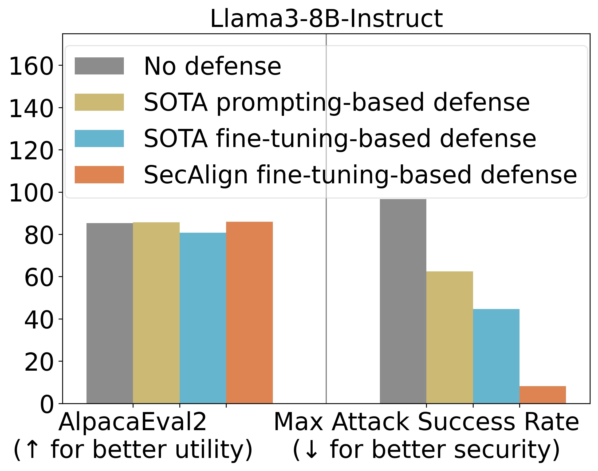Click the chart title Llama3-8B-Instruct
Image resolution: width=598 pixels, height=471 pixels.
coord(326,18)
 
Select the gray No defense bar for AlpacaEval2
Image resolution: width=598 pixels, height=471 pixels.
coord(109,313)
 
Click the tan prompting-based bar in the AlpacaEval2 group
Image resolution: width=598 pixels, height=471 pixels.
coord(156,313)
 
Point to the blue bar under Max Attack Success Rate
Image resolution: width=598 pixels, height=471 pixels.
coord(496,356)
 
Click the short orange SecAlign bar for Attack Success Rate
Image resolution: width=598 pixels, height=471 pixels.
coord(542,395)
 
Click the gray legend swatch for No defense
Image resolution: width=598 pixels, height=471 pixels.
coord(99,66)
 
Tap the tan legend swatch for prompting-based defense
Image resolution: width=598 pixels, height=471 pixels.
coord(99,102)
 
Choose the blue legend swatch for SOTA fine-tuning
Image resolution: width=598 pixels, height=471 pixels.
coord(99,138)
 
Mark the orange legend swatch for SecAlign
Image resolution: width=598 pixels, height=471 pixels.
coord(99,175)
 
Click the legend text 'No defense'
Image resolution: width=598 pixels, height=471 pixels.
coord(213,66)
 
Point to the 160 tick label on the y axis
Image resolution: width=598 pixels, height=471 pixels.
coord(31,66)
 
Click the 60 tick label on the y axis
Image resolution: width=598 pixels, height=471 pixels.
coord(38,278)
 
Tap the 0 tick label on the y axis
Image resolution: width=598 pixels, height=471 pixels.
coord(47,404)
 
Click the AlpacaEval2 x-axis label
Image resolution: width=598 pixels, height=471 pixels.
coord(132,422)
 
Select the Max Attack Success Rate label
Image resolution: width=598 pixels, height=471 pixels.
coord(426,422)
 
